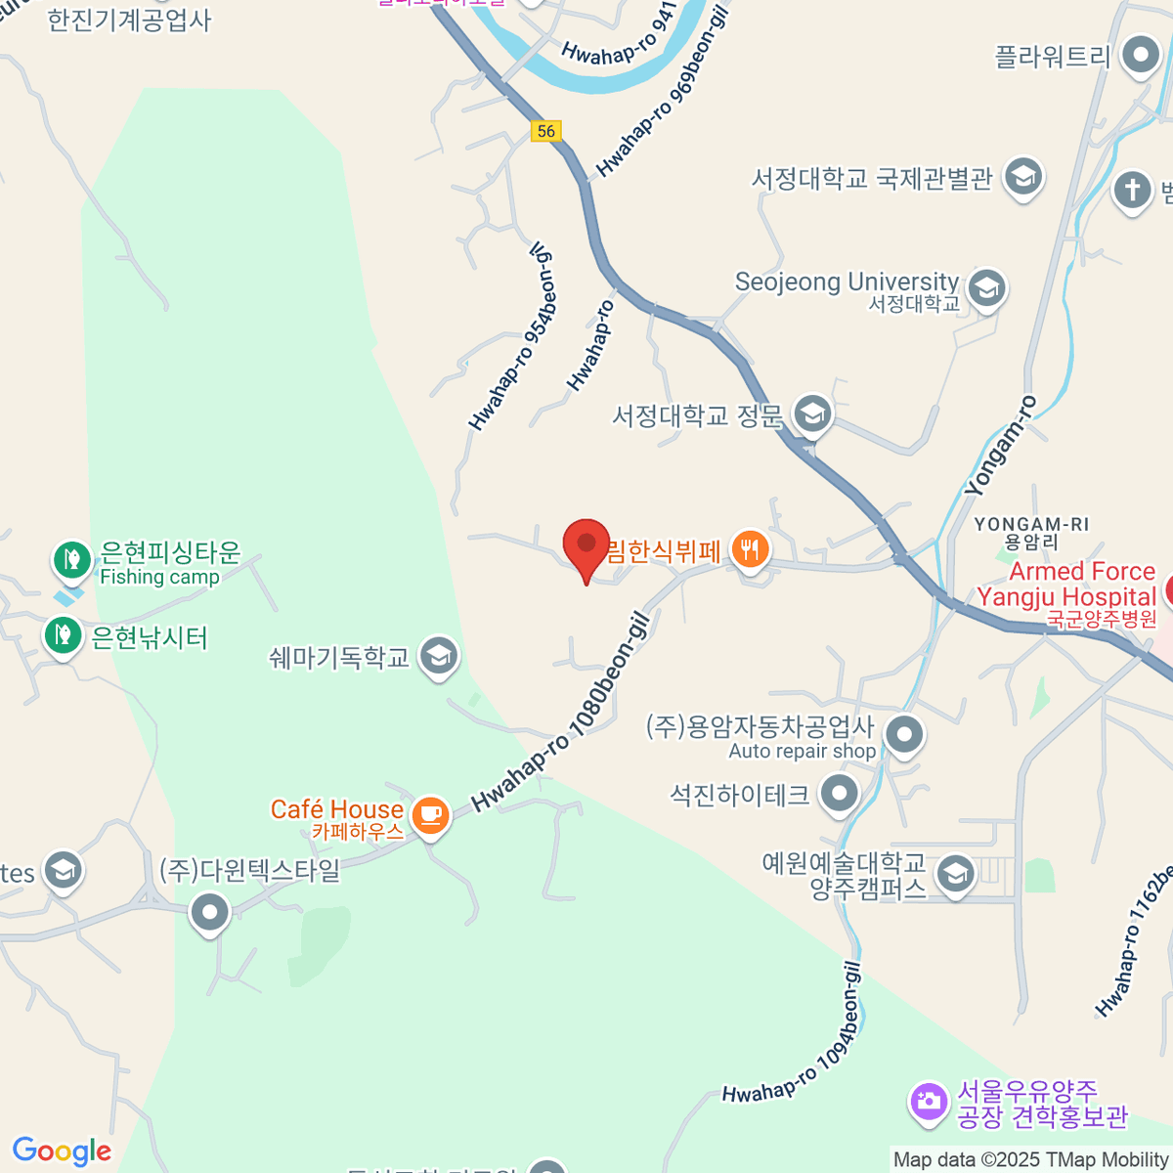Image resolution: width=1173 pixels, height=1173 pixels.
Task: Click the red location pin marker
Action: [586, 545]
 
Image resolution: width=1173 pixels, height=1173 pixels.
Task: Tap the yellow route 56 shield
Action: [546, 131]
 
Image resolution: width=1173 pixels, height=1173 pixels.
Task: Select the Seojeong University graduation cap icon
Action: [986, 289]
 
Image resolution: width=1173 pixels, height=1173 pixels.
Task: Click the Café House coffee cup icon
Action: [430, 813]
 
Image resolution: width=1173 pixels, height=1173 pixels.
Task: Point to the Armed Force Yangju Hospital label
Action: [1066, 585]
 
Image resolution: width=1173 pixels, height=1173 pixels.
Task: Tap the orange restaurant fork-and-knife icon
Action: [749, 549]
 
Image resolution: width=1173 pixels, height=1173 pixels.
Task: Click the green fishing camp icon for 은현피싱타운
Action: [71, 559]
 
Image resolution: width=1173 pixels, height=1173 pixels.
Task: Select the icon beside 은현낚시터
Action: [64, 635]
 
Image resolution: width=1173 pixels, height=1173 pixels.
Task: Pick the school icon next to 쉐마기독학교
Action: [439, 657]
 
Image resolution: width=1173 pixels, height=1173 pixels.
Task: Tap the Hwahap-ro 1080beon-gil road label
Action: [561, 712]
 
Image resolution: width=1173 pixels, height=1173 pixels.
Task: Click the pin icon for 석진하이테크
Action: [840, 794]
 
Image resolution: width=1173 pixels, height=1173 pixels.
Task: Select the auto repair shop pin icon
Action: [903, 734]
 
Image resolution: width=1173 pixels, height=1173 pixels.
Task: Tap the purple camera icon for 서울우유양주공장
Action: [928, 1102]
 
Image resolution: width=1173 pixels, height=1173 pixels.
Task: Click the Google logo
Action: [62, 1151]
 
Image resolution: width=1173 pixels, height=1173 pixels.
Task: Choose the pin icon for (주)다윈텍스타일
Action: [209, 913]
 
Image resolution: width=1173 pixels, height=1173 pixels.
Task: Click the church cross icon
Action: [1133, 189]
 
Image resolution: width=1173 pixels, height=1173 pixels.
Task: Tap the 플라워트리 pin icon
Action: [1140, 56]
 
